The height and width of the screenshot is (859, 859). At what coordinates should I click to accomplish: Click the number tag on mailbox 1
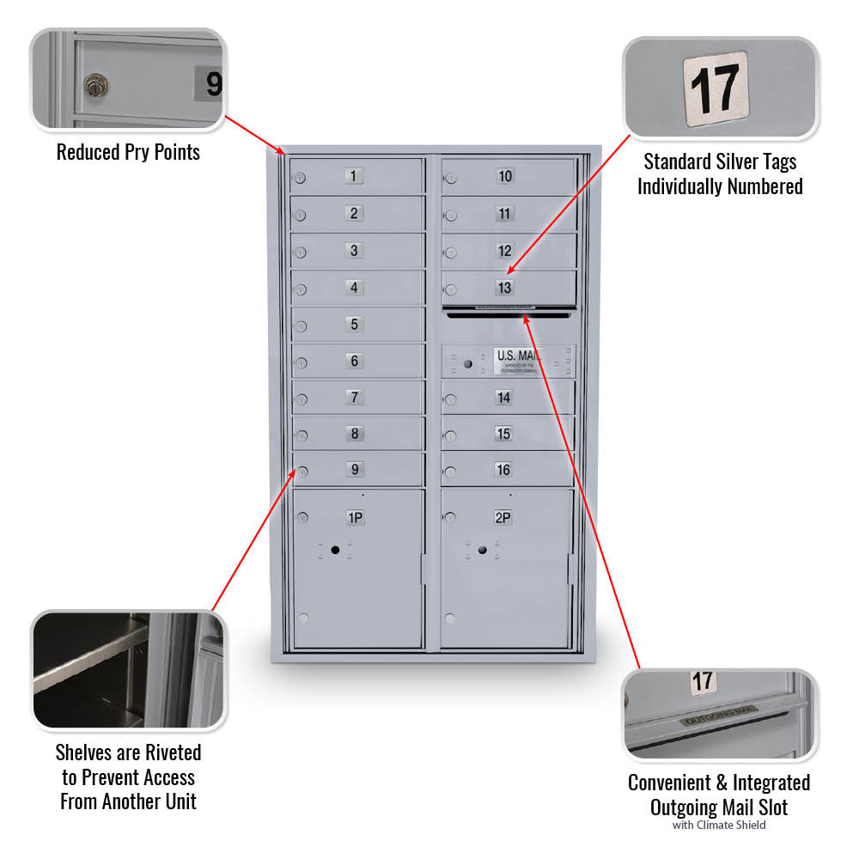point(354,177)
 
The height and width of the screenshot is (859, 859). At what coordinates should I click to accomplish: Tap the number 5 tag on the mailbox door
point(354,325)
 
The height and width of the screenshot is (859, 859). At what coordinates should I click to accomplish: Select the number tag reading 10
point(505,177)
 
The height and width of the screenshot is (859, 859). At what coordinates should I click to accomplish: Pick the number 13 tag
point(504,288)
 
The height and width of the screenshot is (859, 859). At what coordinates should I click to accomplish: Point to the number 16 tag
point(503,470)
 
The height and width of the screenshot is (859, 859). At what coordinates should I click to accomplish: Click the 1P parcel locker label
point(354,517)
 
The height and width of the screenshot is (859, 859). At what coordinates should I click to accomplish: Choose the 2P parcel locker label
point(503,517)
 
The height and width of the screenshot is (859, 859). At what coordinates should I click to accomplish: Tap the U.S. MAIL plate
point(517,359)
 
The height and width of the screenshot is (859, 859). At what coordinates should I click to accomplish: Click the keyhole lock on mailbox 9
point(302,471)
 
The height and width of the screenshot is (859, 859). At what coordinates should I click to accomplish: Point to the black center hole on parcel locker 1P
point(335,550)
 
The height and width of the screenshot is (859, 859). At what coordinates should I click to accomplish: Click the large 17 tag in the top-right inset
point(716,88)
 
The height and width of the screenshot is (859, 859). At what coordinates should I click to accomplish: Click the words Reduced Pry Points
point(128,153)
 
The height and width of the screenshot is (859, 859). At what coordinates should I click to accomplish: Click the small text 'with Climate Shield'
point(718,825)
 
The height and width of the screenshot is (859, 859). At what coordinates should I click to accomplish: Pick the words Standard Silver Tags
point(720,161)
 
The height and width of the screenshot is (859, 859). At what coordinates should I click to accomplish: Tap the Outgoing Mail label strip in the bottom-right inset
point(720,712)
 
